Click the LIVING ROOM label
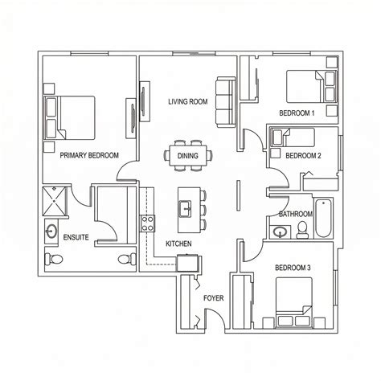coord(188,102)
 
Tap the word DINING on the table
coord(188,156)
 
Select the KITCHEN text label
coord(178,244)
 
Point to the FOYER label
coord(214,298)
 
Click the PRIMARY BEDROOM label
coord(89,155)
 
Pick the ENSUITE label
coord(76,237)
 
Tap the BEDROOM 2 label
coord(303,156)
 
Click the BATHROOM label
coord(296,214)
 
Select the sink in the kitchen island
coord(185,209)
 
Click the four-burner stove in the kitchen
coord(147,223)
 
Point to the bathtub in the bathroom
coord(323,218)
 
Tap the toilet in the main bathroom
coord(302,230)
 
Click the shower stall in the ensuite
coord(55,201)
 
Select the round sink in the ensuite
coord(51,231)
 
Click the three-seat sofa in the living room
coord(226,102)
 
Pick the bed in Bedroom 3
coord(294,302)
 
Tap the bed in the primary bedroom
coord(70,117)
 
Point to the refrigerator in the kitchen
coord(189,264)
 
